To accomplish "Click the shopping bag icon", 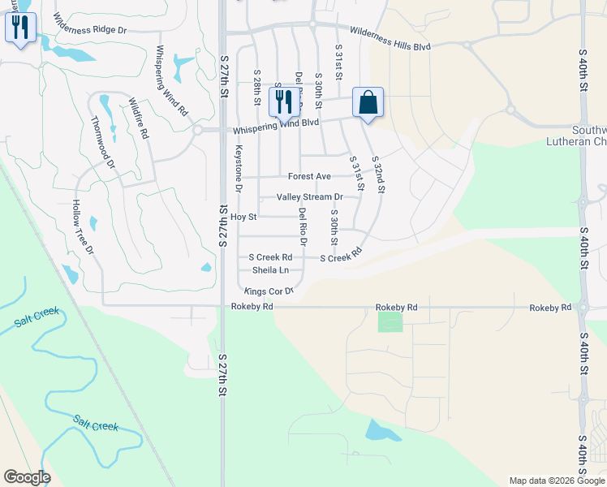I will [x=368, y=103].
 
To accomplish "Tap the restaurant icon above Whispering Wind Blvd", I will [x=284, y=102].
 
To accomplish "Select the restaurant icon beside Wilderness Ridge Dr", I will [x=19, y=28].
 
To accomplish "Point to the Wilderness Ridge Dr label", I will [x=90, y=23].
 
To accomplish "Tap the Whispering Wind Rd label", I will [x=171, y=80].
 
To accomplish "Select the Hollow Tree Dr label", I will [x=83, y=226].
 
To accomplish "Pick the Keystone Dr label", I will [x=239, y=168].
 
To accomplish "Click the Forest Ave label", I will [x=309, y=176].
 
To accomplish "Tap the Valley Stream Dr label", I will [x=309, y=197].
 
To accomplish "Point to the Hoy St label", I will [x=243, y=218].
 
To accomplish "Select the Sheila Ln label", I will [x=270, y=269].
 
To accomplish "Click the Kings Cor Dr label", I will [x=268, y=291].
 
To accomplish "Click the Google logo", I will [x=27, y=477].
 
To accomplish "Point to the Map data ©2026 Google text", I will [x=555, y=481].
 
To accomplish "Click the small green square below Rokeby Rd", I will [x=390, y=321].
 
